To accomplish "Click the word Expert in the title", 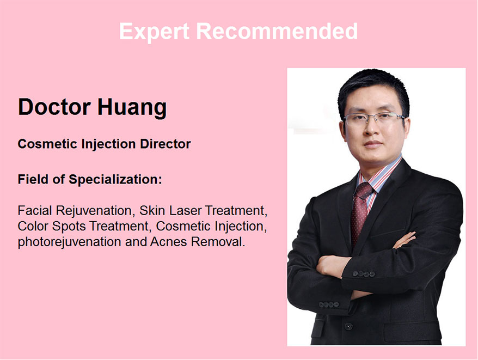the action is [x=154, y=32].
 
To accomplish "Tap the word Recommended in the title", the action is [x=277, y=31].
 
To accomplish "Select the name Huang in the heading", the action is [x=132, y=108].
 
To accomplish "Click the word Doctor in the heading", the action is [x=54, y=107].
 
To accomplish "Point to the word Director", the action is [x=165, y=144].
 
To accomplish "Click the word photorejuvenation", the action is [x=70, y=242].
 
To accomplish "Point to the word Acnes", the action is [x=168, y=242].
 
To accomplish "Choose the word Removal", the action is [x=218, y=242].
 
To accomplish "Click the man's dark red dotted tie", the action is [x=360, y=211].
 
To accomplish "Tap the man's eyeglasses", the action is [x=375, y=118].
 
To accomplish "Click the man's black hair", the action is [x=373, y=88].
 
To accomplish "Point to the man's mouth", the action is [x=373, y=144].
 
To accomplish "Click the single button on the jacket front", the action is [x=348, y=327].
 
